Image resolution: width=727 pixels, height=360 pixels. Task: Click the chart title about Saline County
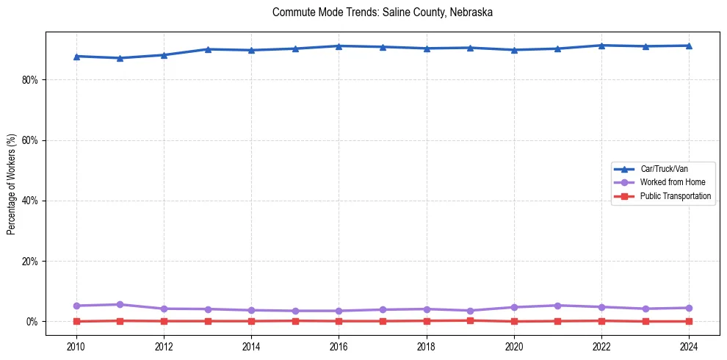tap(382, 12)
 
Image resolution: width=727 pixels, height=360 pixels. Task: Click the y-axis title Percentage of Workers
tap(12, 184)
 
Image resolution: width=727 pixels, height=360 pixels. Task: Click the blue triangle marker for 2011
tap(120, 58)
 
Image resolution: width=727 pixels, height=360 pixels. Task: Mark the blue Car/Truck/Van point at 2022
tap(601, 46)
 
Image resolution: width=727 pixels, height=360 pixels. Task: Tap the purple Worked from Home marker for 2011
tap(120, 304)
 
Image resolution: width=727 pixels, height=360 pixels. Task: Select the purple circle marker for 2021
tap(557, 306)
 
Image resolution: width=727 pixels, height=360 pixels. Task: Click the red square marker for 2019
tap(470, 320)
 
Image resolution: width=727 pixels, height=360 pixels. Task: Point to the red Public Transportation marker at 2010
tap(76, 321)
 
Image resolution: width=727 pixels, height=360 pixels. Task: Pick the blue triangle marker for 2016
tap(339, 46)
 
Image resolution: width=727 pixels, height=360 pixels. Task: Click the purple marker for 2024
tap(689, 308)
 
